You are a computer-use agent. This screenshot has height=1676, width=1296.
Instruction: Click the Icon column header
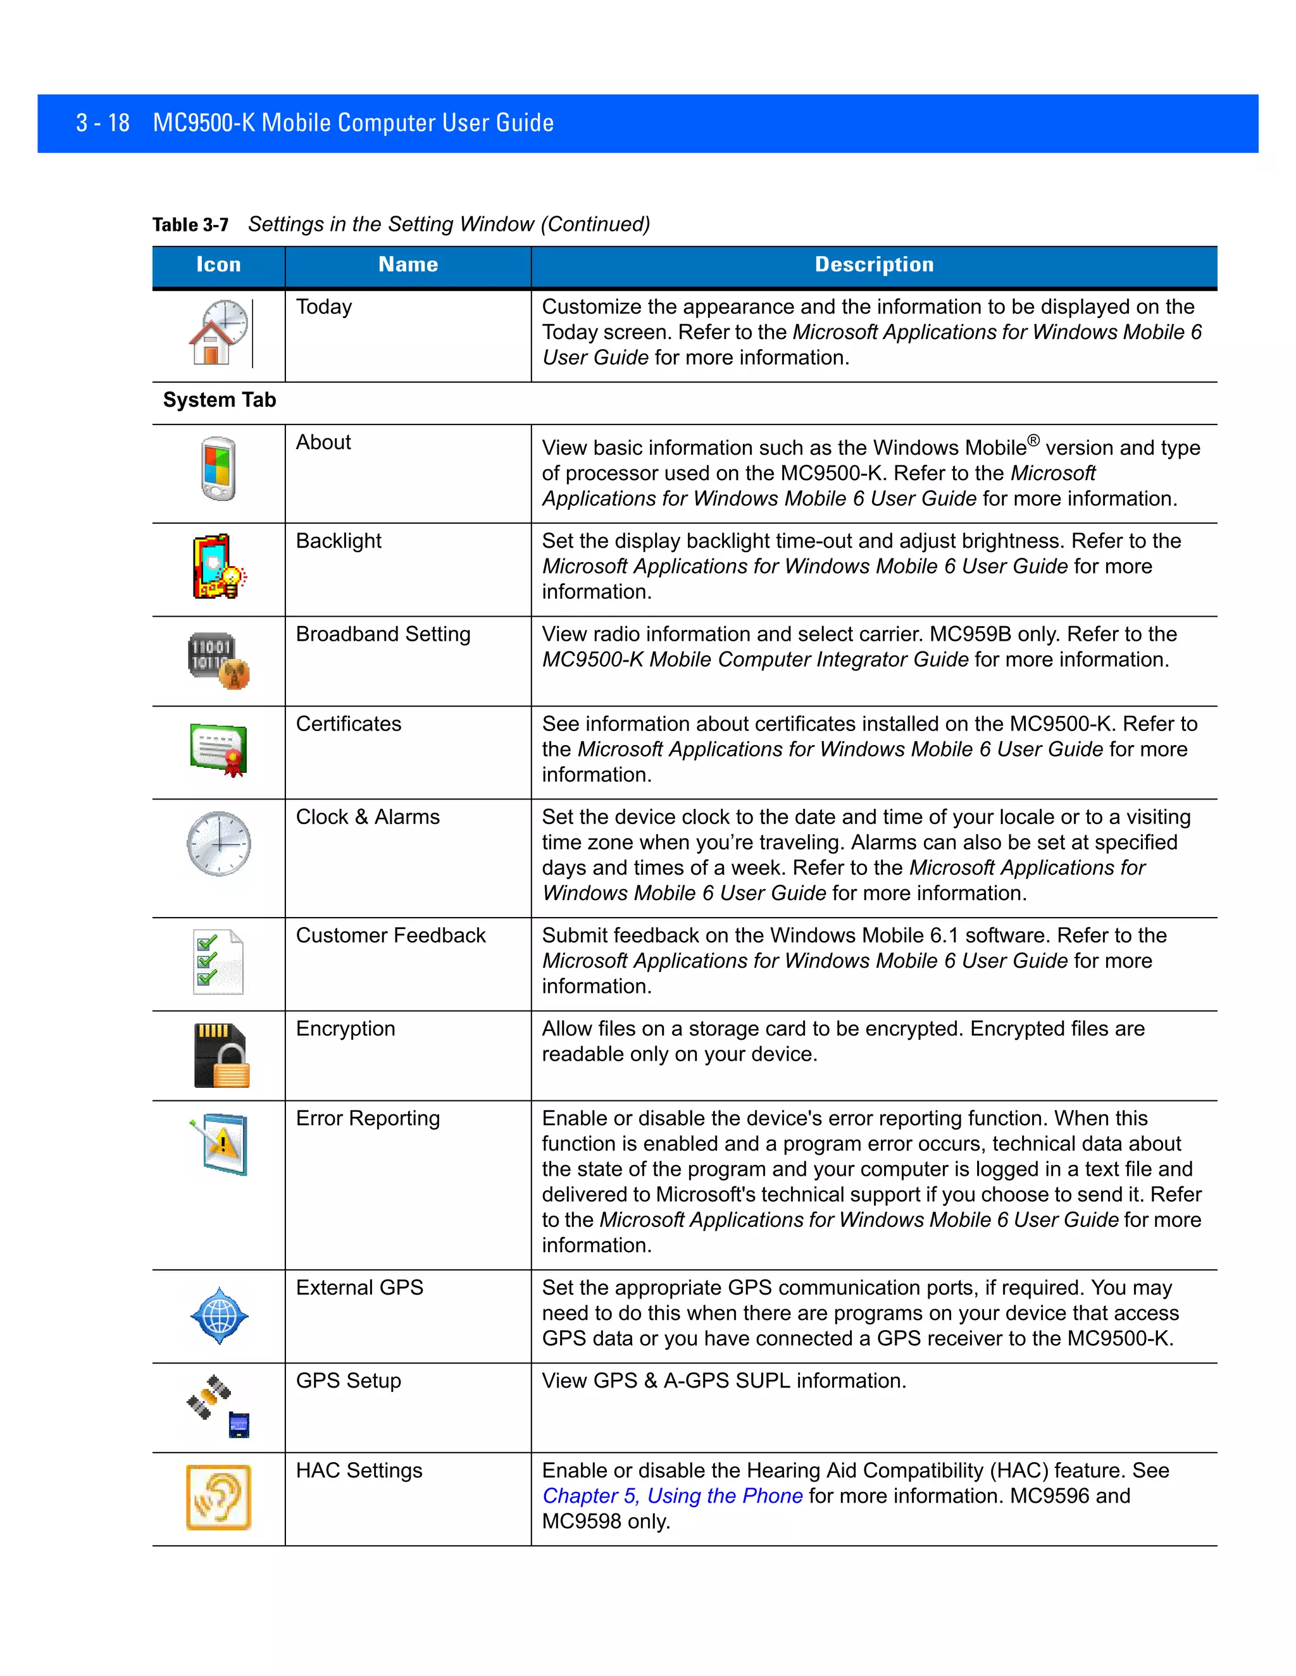coord(219,265)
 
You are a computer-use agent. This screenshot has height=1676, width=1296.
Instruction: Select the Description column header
coord(874,265)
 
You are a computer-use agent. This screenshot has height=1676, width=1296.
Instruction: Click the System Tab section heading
coord(220,400)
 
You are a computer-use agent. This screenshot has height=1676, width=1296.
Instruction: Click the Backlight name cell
coord(339,541)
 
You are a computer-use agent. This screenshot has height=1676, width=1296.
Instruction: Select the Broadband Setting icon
coord(219,660)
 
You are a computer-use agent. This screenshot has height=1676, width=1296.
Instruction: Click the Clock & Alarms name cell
coord(368,817)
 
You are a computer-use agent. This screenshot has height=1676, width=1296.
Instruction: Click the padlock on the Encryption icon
coord(232,1069)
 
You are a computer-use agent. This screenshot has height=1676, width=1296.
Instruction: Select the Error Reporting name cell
coord(368,1119)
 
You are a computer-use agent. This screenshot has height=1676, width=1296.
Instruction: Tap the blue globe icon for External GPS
coord(220,1316)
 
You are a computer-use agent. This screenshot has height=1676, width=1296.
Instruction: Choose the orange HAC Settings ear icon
coord(219,1496)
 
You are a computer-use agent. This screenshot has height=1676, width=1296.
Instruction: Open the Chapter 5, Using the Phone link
coord(673,1496)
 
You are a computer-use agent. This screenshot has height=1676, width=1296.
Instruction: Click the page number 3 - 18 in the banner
coord(103,123)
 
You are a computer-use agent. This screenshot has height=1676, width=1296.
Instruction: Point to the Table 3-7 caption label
coord(190,225)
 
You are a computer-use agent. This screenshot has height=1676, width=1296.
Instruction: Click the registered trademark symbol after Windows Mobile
coord(1033,440)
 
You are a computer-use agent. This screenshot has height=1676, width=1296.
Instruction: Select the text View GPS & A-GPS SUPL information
coord(724,1381)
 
